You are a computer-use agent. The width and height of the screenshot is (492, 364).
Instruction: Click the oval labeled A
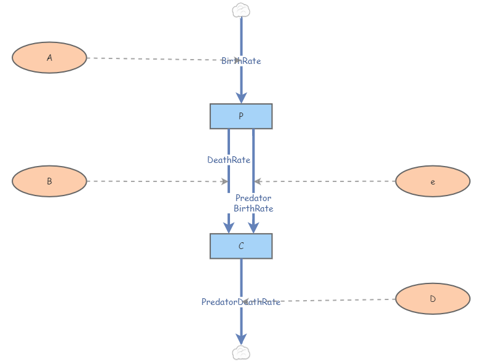click(49, 58)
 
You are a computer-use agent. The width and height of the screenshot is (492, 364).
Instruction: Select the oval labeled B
click(49, 181)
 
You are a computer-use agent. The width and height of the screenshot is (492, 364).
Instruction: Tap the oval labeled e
click(433, 181)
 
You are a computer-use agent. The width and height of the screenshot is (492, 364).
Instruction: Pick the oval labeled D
click(433, 299)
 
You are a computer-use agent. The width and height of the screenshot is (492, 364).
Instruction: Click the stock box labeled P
click(241, 116)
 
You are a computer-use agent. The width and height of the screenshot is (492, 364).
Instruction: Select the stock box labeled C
click(241, 246)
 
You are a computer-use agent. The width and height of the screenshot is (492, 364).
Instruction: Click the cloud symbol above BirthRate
click(241, 10)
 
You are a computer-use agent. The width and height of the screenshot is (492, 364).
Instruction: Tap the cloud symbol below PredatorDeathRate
click(241, 353)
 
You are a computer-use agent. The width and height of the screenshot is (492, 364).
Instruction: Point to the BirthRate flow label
click(241, 61)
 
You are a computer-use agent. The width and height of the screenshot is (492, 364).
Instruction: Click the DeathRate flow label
click(229, 160)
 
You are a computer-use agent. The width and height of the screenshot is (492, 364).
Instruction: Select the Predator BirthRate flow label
click(253, 204)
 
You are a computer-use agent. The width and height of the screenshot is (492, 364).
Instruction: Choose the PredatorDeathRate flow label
click(241, 302)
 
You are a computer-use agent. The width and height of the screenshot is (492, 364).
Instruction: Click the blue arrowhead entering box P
click(241, 98)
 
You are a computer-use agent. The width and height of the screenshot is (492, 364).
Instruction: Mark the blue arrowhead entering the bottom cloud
click(241, 339)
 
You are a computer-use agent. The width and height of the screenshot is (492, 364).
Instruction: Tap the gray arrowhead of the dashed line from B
click(224, 181)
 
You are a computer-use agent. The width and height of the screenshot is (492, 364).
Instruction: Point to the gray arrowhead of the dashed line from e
click(258, 181)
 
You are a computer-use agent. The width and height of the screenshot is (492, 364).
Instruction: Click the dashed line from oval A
click(163, 59)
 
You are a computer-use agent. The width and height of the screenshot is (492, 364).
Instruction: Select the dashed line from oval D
click(319, 300)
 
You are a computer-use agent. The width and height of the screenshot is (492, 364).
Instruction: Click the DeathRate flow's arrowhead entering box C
click(229, 228)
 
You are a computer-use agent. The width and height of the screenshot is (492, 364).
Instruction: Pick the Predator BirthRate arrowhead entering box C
click(253, 228)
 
